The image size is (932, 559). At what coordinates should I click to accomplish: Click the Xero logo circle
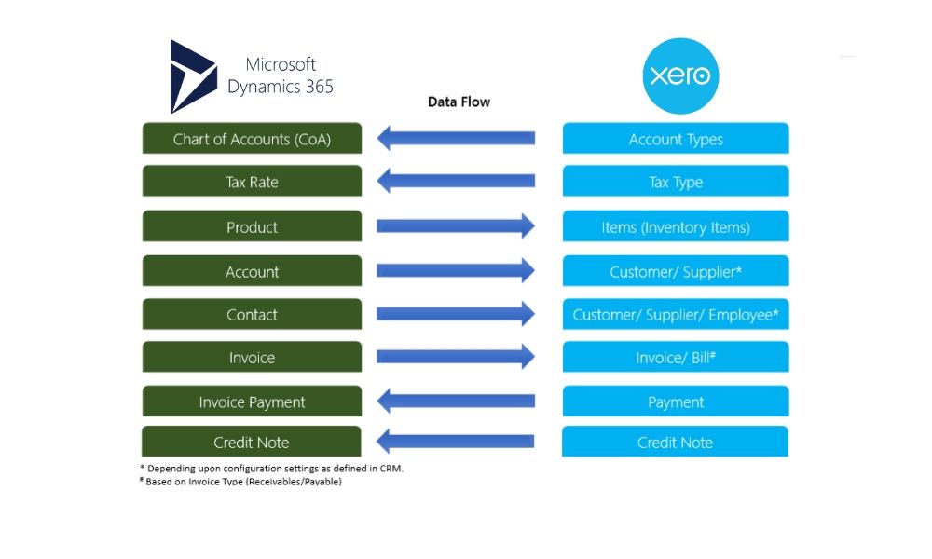681,75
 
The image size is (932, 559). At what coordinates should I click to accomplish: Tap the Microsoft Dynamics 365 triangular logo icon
192,76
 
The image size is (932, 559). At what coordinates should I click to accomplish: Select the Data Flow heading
459,102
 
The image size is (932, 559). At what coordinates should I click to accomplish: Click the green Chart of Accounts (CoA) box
252,139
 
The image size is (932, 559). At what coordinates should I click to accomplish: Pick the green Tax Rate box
252,182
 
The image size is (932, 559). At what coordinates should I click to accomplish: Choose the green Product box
252,227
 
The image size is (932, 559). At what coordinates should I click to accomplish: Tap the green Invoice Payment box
252,402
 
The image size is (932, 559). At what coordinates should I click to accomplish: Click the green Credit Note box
252,442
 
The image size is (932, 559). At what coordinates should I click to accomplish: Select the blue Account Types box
676,139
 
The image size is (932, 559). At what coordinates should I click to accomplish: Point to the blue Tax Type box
676,182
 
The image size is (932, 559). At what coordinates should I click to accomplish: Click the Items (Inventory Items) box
676,227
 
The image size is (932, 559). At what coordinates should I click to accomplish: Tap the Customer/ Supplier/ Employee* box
676,315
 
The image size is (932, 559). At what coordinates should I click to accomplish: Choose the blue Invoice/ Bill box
676,358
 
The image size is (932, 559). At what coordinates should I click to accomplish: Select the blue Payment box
676,402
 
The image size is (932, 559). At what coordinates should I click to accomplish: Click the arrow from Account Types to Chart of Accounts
456,139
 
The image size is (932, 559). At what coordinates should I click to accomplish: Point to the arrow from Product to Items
456,225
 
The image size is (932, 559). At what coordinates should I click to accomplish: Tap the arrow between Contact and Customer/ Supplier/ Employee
456,314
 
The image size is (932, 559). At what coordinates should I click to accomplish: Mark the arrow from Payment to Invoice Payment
456,402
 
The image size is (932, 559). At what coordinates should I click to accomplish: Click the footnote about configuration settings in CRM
270,468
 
